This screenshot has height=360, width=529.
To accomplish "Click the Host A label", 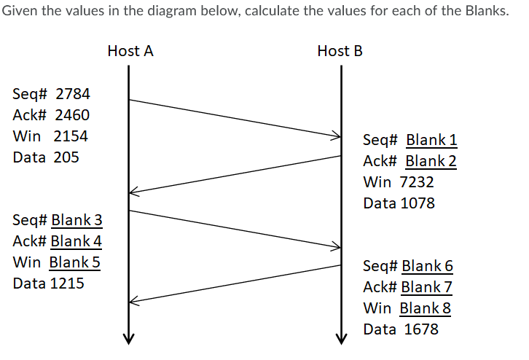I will tap(130, 51).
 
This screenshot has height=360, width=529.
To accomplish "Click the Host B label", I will tap(340, 51).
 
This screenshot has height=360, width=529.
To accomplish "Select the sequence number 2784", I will tap(73, 94).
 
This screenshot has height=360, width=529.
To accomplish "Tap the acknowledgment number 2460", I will tap(72, 115).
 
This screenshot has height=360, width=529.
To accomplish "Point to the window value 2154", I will tap(71, 136).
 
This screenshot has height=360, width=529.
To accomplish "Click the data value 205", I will tap(66, 157).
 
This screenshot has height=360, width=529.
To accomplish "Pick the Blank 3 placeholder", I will tap(77, 219).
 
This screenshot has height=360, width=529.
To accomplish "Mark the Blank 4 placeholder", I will tap(77, 240).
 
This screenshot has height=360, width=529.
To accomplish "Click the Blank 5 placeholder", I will tap(74, 262).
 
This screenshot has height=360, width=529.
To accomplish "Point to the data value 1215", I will tap(66, 283).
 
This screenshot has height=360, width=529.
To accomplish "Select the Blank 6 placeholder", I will tap(427, 266).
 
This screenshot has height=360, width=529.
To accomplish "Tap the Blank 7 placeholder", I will tap(427, 287).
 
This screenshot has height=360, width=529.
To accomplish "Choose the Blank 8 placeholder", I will tap(426, 308).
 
